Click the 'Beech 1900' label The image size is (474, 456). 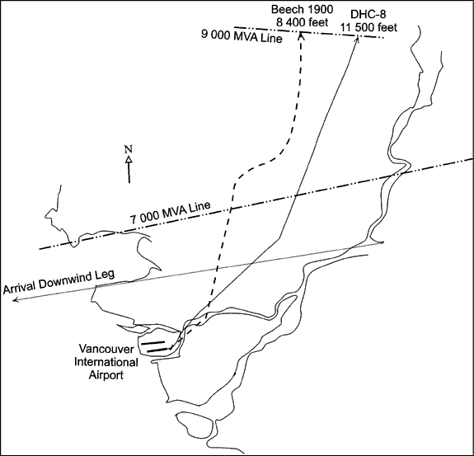click(x=302, y=9)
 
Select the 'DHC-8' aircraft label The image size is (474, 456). click(x=368, y=15)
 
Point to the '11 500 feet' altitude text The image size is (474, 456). click(x=369, y=27)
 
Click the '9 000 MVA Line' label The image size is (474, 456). click(x=242, y=36)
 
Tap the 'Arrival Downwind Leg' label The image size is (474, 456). click(x=59, y=281)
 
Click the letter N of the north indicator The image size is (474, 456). click(x=129, y=149)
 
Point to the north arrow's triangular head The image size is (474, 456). click(x=129, y=159)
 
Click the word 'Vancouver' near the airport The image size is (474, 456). click(x=106, y=349)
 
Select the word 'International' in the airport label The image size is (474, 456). click(x=106, y=362)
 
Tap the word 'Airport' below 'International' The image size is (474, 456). click(x=106, y=375)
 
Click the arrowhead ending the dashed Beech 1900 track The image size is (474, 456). click(x=301, y=35)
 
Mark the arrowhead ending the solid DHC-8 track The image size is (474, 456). click(x=357, y=40)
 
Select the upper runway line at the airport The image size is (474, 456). click(x=153, y=343)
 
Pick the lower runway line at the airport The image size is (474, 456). click(x=157, y=350)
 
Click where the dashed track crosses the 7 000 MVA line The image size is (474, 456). click(x=231, y=209)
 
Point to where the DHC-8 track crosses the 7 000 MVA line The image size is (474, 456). click(x=295, y=196)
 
